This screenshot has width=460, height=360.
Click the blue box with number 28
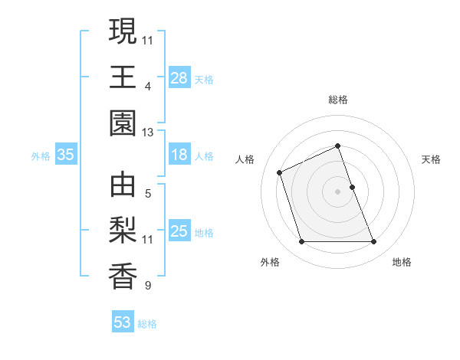179,78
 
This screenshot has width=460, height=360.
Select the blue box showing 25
179,231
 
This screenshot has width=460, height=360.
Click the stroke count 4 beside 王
148,86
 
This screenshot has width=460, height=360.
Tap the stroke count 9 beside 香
148,286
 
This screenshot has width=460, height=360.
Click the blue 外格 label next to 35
41,156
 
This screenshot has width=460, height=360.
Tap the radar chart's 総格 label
337,100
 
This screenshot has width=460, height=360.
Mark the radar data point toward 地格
373,242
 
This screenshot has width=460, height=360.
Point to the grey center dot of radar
337,191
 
